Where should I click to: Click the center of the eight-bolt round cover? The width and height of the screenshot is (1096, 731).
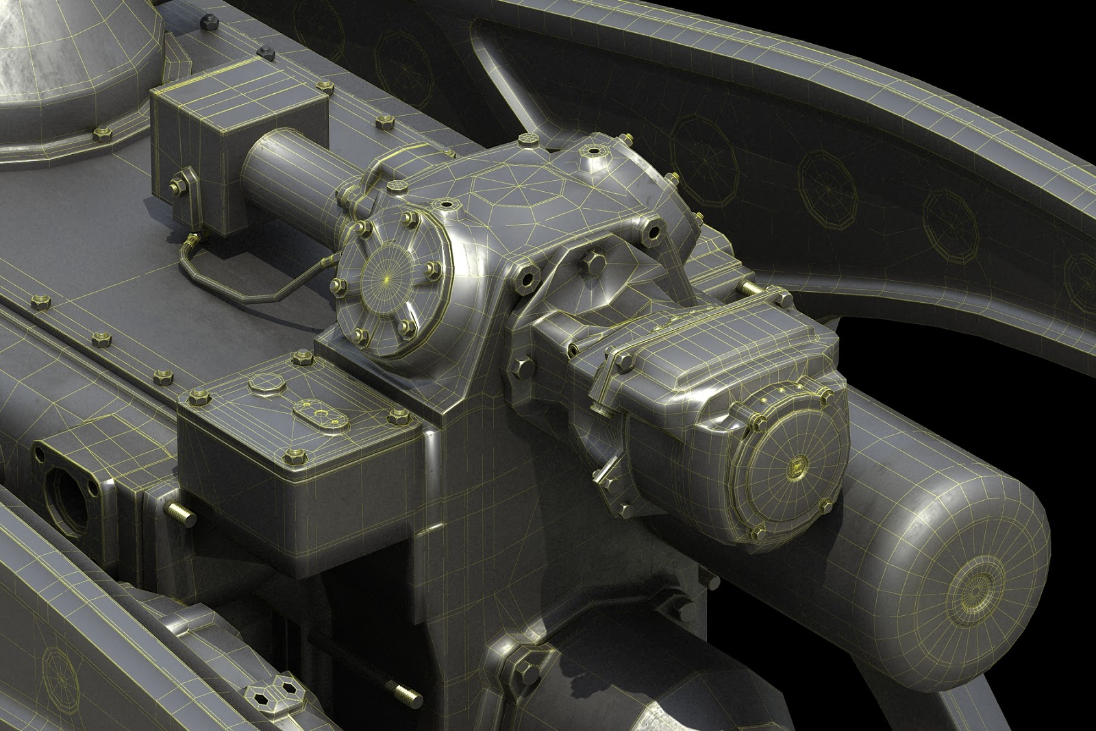point(388,280)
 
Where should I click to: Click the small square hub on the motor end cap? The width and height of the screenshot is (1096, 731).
point(795,469)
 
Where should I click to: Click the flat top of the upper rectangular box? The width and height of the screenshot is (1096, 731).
point(236,96)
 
